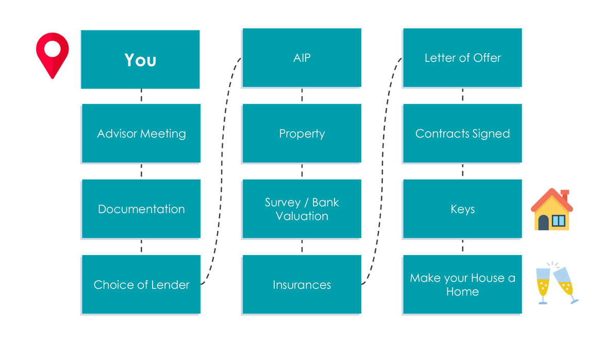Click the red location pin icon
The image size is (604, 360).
tap(53, 55)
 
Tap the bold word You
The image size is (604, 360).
tap(140, 60)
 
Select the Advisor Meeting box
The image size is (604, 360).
tap(141, 133)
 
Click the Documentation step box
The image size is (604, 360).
tap(141, 209)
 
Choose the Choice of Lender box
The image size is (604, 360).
tap(141, 284)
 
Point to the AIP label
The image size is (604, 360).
tap(301, 58)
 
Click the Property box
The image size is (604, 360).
tap(301, 133)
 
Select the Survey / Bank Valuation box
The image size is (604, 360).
tap(301, 209)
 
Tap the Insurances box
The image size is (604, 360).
tap(301, 284)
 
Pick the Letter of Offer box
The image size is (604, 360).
tap(462, 58)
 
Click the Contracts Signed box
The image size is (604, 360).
tap(462, 133)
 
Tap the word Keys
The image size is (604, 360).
tap(463, 209)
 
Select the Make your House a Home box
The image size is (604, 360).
tap(462, 284)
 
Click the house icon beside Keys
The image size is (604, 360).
tap(552, 210)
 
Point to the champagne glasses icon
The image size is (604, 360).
tap(557, 283)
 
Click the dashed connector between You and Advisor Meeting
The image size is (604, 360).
tap(141, 95)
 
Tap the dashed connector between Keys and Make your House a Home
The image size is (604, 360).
tap(463, 246)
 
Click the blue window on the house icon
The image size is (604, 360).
tap(559, 220)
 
